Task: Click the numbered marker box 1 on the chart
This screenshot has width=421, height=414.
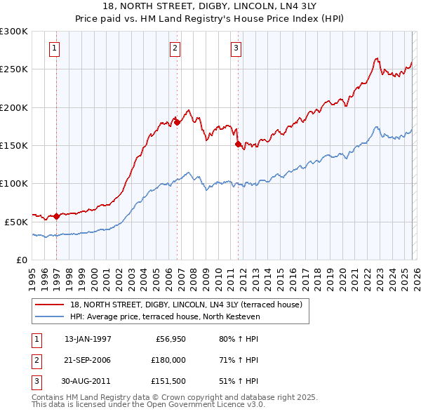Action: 55,48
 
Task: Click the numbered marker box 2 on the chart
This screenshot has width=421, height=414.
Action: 175,48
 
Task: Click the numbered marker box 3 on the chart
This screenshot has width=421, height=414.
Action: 236,48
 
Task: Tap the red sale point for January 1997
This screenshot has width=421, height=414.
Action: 57,216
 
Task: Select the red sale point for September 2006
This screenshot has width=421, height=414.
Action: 177,122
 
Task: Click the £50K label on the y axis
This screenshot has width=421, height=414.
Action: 16,222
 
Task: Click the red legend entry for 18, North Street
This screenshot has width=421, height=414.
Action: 185,305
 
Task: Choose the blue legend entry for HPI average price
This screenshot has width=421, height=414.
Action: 164,316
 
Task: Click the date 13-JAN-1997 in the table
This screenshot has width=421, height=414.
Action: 88,339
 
